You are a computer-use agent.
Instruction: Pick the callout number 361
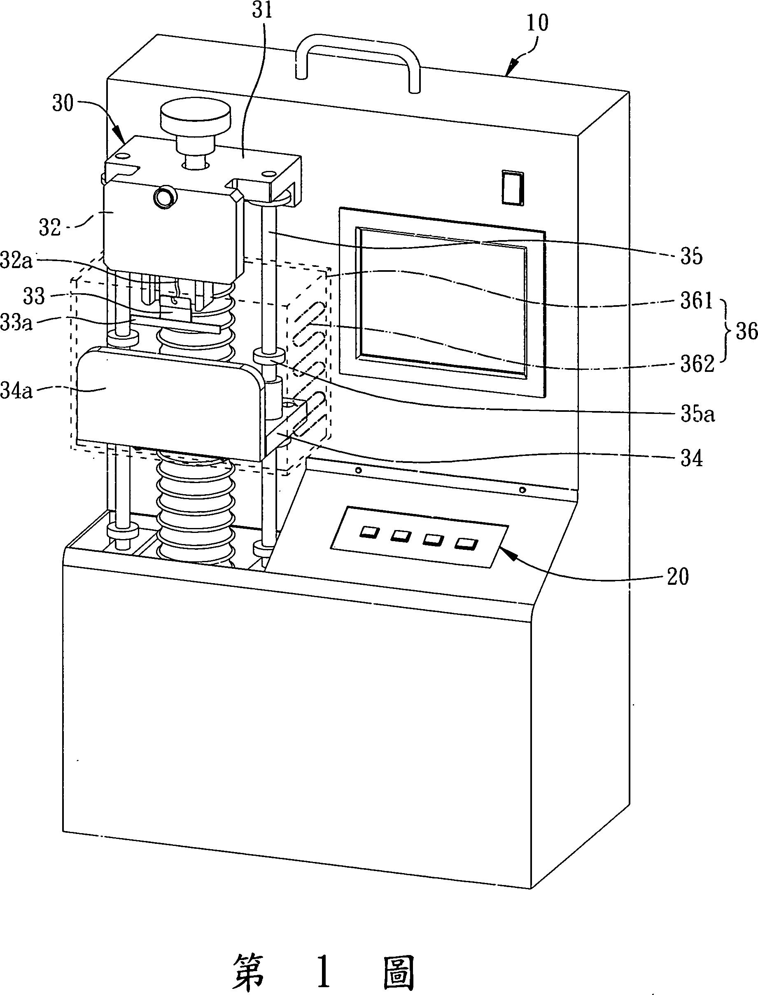coord(696,300)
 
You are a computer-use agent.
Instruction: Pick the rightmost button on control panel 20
coord(466,544)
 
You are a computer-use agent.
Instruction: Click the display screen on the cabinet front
coord(443,301)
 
